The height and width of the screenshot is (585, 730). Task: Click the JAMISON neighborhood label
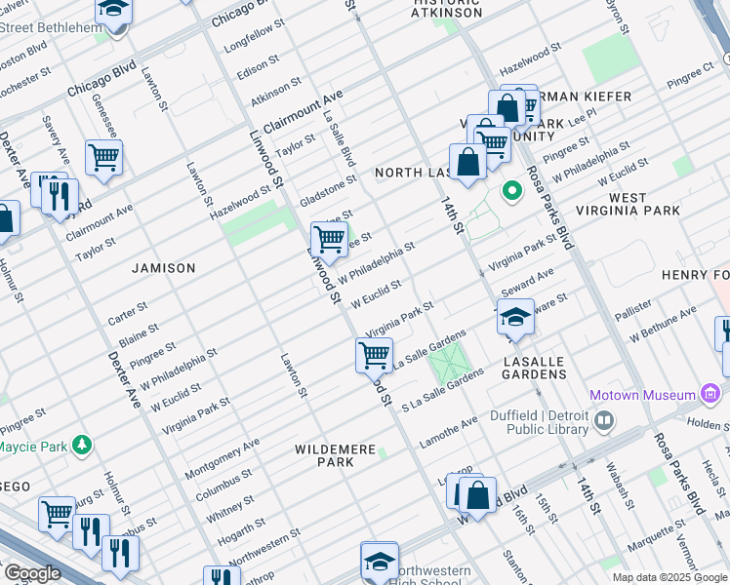pyautogui.click(x=164, y=267)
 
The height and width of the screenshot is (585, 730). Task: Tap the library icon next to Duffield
pyautogui.click(x=604, y=420)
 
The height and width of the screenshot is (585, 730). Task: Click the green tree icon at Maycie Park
pyautogui.click(x=83, y=446)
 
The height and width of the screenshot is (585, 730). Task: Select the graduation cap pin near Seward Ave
pyautogui.click(x=515, y=317)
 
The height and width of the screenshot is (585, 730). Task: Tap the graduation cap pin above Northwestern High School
pyautogui.click(x=380, y=560)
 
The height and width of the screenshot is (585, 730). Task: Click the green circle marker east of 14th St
pyautogui.click(x=509, y=189)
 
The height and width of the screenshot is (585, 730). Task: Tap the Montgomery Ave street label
pyautogui.click(x=222, y=457)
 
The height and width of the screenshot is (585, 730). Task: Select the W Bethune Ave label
pyautogui.click(x=663, y=326)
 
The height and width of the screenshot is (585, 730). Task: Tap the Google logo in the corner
pyautogui.click(x=31, y=572)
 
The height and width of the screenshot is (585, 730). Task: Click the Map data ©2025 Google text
pyautogui.click(x=669, y=577)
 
